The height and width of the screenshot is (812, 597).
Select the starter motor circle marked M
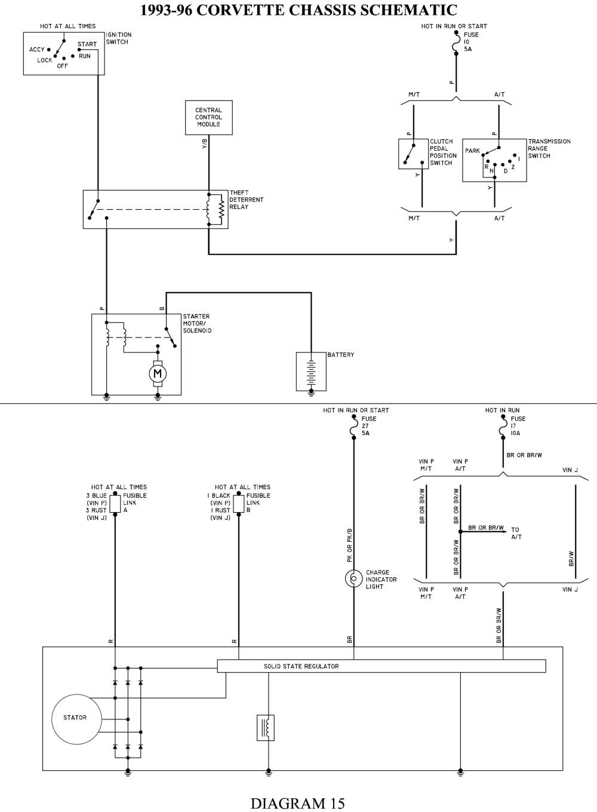[x=158, y=373]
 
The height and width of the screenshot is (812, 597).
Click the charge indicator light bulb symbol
[x=353, y=578]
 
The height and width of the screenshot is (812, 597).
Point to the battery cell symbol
[x=311, y=373]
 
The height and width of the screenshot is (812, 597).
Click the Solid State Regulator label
[x=301, y=666]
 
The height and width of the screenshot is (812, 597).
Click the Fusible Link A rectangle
[x=115, y=504]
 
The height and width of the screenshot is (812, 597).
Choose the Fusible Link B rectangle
[x=239, y=504]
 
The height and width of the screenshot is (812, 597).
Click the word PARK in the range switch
[x=472, y=151]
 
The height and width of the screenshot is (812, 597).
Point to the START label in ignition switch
[x=87, y=44]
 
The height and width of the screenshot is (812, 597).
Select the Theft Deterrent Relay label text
[x=247, y=200]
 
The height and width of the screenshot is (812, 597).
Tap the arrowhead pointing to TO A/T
[x=506, y=532]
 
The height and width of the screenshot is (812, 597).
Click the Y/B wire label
[x=205, y=144]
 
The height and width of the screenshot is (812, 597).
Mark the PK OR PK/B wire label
[x=349, y=545]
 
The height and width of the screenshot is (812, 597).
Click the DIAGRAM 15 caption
[x=297, y=803]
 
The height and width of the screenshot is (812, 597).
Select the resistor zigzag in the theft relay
[x=221, y=210]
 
